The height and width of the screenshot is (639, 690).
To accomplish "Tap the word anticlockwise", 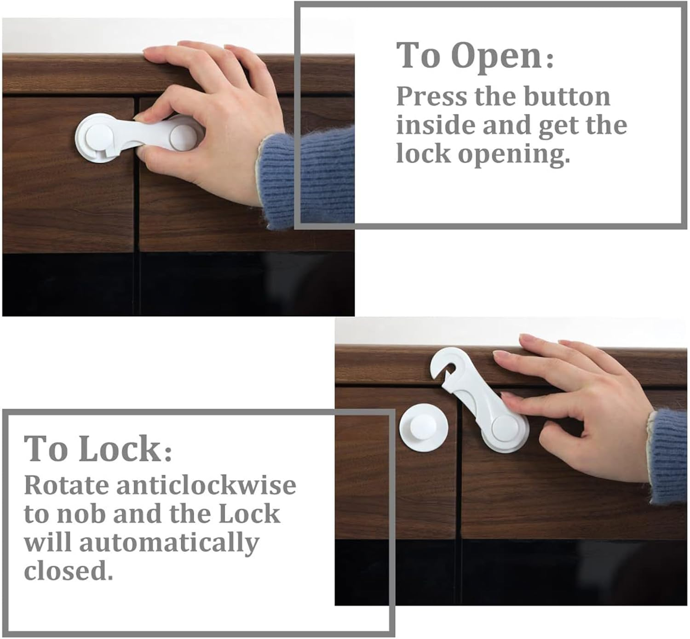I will pos(206,485).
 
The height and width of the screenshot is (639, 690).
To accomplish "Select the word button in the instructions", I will pos(567,97).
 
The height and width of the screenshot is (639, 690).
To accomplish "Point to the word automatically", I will pos(169,543).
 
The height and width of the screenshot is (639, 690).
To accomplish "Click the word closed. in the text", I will pos(68,571).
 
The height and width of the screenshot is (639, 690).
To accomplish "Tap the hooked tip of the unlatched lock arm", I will pos(441,363).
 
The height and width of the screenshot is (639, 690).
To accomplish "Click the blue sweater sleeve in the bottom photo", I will pos(669,455).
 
